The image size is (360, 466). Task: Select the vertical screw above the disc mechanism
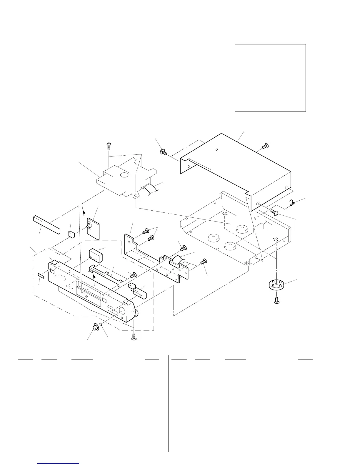(x=109, y=146)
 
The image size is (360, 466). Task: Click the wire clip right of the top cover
(x=293, y=202)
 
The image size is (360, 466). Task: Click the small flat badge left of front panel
(x=41, y=275)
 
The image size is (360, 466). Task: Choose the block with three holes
(x=95, y=255)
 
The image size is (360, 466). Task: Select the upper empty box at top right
(x=270, y=61)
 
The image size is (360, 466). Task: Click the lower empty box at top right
(x=270, y=94)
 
